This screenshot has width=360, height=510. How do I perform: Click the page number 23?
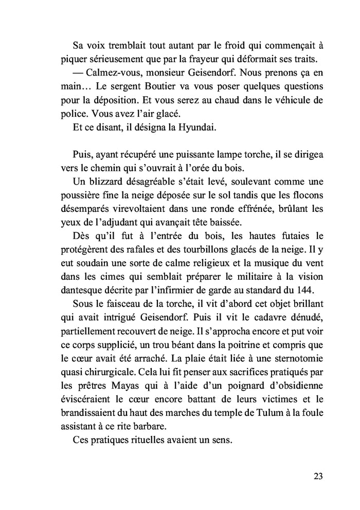pos(317,476)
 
